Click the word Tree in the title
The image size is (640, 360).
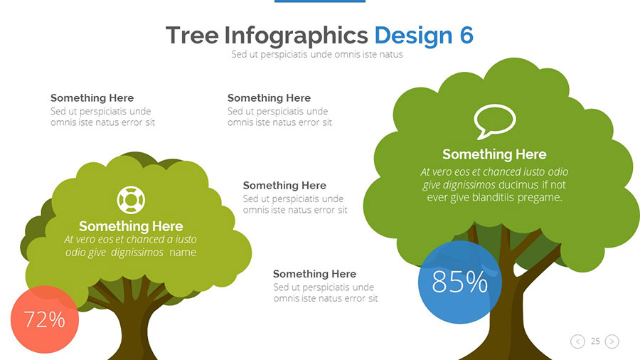pos(191,35)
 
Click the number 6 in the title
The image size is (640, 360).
pos(466,35)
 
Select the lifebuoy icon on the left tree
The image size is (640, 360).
pos(131,200)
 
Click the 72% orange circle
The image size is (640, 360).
pos(44,319)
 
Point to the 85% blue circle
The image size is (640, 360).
pos(459,282)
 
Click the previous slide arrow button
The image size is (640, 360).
pos(577,342)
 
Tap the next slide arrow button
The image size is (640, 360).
pos(612,342)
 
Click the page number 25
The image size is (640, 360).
pos(595,342)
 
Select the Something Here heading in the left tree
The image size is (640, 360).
pos(131,227)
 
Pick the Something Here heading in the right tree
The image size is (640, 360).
pos(494,154)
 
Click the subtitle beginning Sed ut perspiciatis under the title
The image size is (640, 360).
pos(316,54)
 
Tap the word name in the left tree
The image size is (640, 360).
pos(183,253)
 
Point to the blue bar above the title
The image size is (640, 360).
pos(319,1)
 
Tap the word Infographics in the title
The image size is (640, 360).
pos(296,35)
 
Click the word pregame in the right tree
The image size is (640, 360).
pos(540,197)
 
